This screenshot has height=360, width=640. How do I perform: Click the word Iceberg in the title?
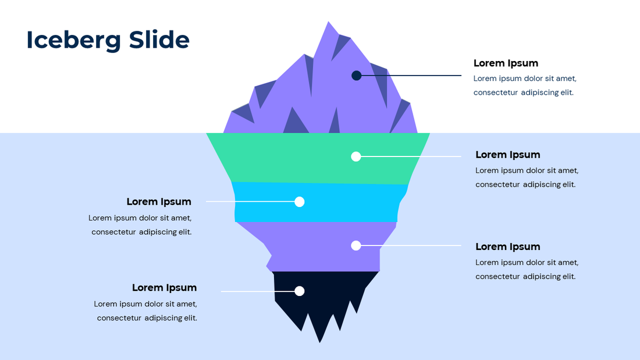point(74,40)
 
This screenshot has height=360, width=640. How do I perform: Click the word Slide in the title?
point(159,40)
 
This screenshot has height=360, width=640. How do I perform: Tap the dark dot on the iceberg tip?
point(357,76)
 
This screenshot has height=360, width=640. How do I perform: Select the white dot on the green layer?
point(356,156)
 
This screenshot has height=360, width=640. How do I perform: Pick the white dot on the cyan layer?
point(300,202)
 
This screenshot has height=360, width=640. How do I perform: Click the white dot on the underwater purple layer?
point(356,246)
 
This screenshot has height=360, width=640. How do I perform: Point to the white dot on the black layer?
point(300,291)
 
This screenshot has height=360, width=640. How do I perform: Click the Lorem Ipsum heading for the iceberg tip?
point(506,63)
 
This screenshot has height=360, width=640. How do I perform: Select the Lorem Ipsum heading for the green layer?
point(507,155)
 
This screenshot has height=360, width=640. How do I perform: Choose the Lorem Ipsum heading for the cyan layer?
point(159,202)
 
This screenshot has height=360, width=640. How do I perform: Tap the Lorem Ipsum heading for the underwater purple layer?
point(507,247)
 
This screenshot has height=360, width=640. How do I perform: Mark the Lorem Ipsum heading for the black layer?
point(164,288)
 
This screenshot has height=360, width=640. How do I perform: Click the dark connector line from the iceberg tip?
point(413,76)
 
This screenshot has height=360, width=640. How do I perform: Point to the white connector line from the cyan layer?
point(250,202)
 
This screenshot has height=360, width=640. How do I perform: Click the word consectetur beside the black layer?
point(118,318)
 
